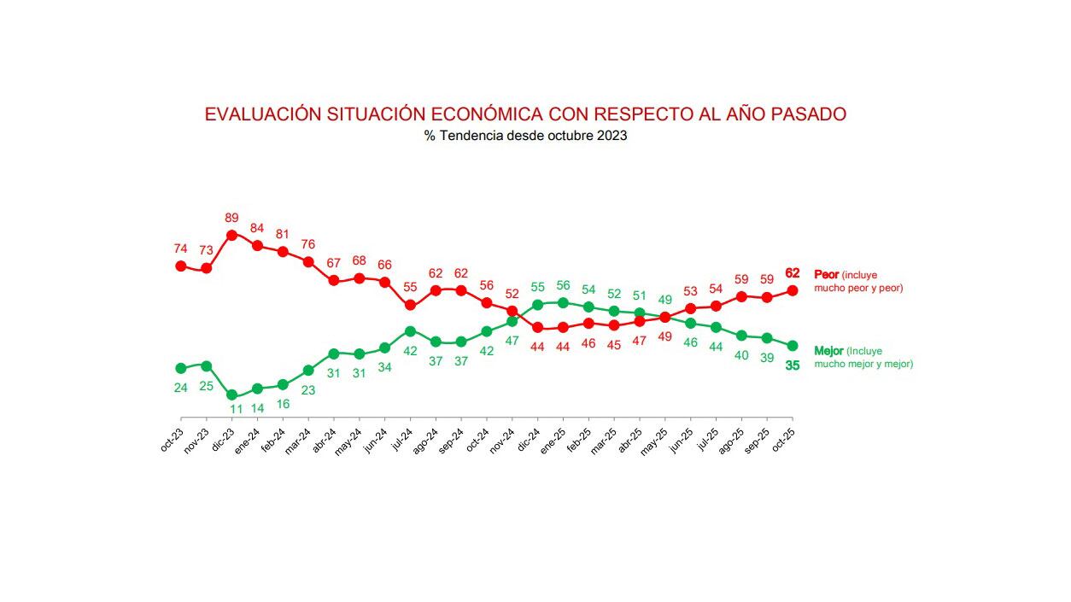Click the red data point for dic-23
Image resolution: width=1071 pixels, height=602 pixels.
point(231,235)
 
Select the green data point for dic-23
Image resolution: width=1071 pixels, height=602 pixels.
point(231,395)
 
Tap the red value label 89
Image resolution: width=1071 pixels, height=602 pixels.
point(231,218)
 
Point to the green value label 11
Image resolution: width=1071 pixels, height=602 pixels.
point(235,409)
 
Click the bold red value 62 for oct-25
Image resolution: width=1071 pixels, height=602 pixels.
point(792,273)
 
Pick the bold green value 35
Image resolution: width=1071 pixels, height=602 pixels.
point(792,365)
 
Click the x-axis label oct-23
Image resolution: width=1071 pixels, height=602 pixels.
point(172,436)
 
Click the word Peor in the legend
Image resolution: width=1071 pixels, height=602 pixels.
point(827,275)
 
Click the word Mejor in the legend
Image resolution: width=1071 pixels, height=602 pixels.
point(828,351)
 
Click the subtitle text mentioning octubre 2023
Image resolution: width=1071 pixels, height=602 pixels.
point(525,136)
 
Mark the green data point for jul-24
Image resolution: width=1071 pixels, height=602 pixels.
point(410,331)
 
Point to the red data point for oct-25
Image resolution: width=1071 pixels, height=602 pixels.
point(793,290)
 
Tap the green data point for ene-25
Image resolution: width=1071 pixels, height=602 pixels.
point(563,302)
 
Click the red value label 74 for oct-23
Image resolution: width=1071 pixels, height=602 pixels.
point(180,248)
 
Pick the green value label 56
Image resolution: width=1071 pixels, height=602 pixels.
point(563,285)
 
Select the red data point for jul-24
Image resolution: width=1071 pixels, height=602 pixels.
point(410,305)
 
